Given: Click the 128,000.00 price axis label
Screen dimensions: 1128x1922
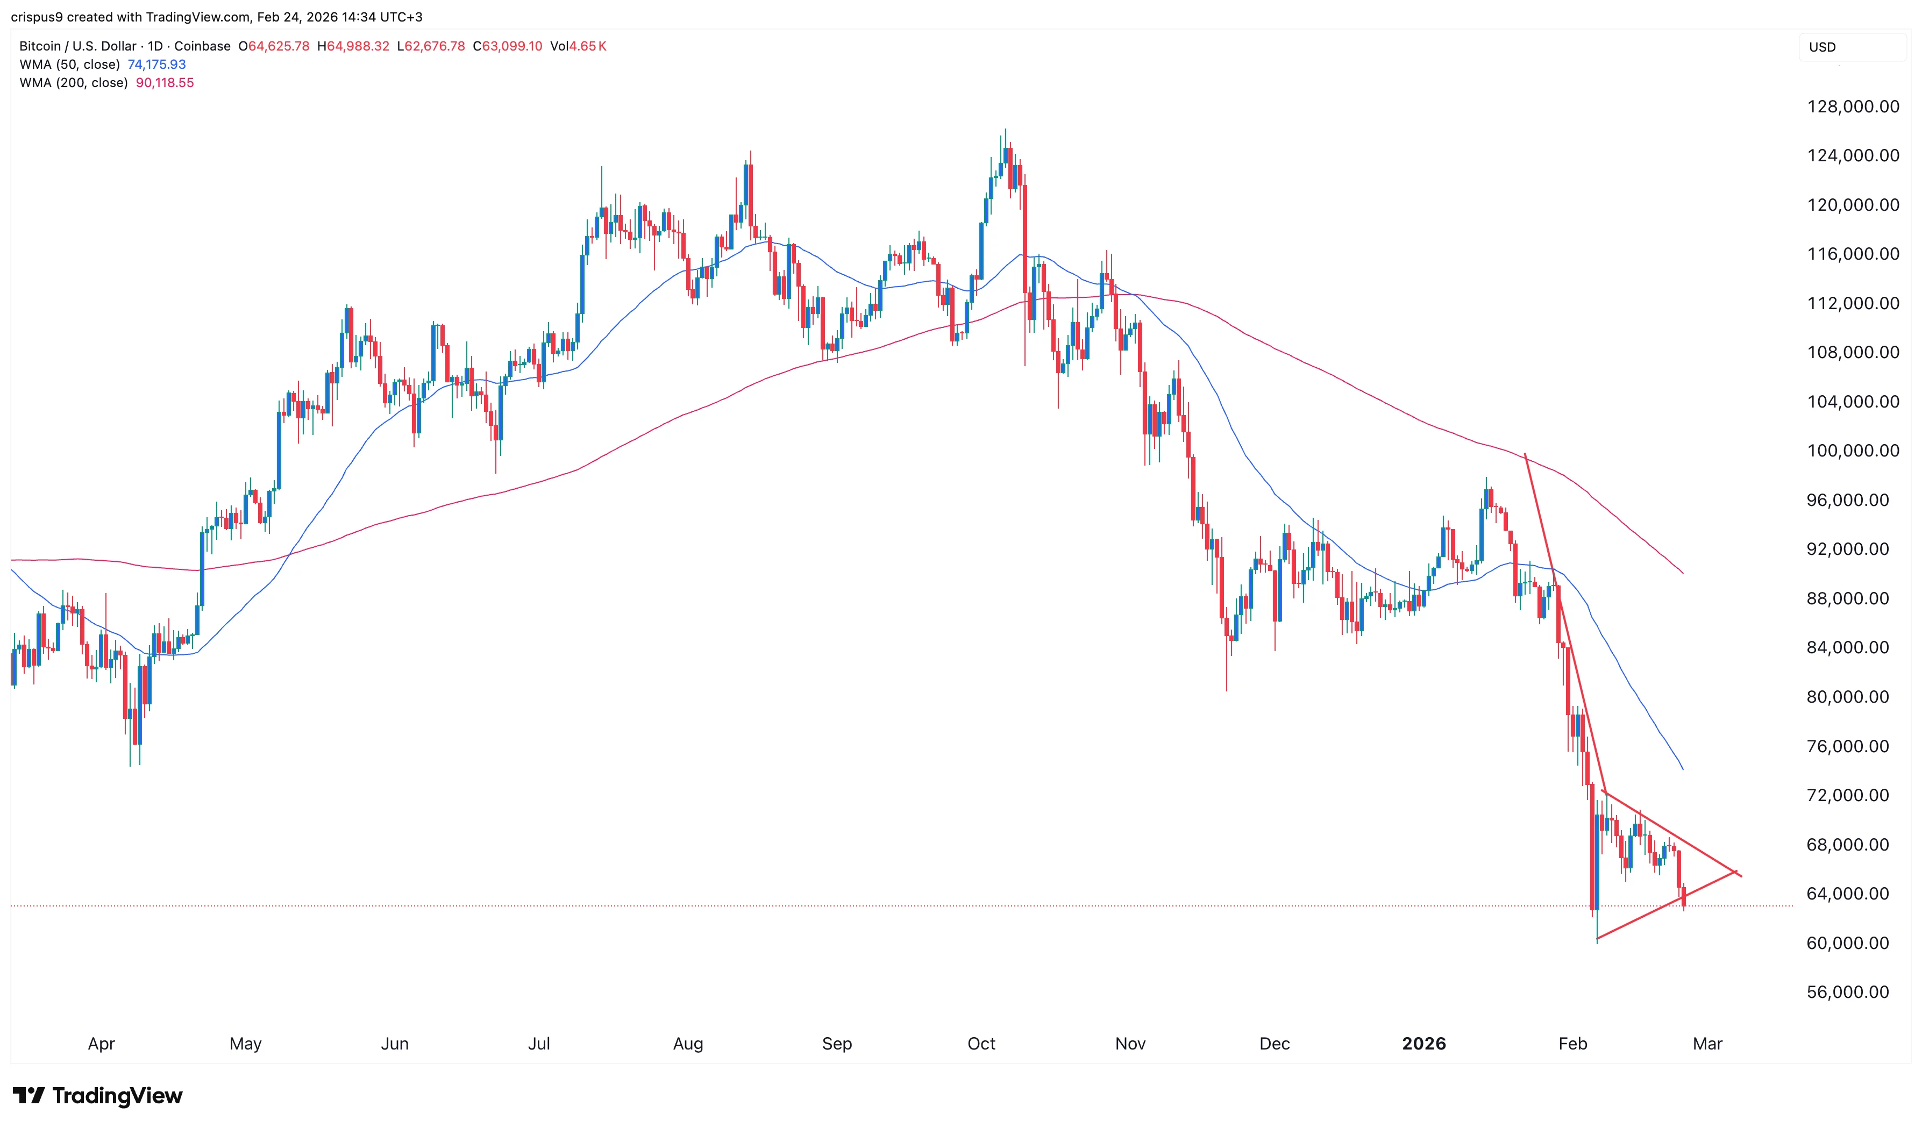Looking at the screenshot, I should (1853, 107).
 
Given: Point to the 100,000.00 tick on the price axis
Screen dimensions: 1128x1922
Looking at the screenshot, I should (1853, 451).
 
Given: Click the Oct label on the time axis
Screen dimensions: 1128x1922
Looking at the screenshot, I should (981, 1044).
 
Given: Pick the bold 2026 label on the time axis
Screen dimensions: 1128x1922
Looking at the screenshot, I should (1423, 1044).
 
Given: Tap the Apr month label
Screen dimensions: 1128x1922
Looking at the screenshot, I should (102, 1044).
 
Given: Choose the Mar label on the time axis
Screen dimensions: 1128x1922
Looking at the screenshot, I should (1707, 1044).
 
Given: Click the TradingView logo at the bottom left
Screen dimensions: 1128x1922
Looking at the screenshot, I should (98, 1096).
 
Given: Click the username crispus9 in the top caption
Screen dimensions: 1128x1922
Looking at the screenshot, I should (37, 17).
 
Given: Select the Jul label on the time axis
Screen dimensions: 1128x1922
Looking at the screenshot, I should (538, 1044).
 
